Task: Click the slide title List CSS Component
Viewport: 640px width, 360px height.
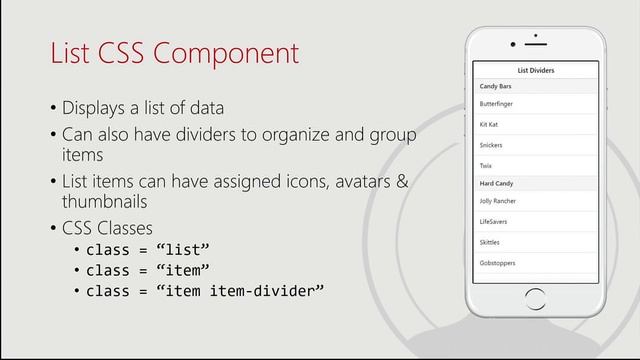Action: [175, 53]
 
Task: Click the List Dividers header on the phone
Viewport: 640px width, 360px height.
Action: [535, 71]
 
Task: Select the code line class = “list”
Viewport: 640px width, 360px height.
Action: [148, 250]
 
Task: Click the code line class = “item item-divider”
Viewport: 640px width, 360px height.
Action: [205, 291]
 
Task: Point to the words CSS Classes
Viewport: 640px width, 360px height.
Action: [108, 227]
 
